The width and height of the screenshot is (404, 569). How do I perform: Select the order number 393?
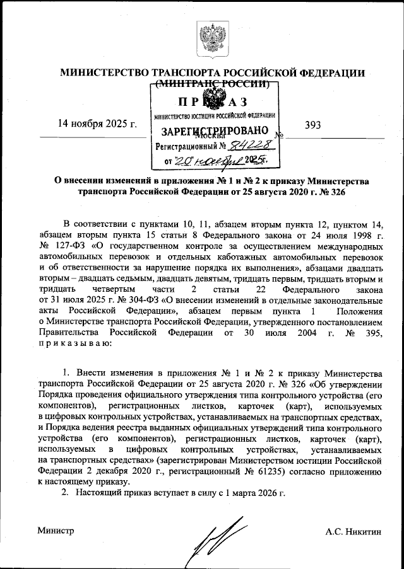click(x=312, y=125)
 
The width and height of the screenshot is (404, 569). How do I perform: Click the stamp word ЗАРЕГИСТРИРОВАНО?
click(x=211, y=132)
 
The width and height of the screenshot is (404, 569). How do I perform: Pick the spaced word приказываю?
click(x=75, y=343)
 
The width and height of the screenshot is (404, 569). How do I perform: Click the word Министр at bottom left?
click(x=55, y=531)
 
